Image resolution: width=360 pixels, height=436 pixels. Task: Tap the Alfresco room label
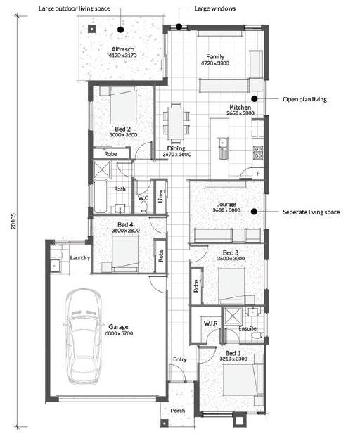(122, 49)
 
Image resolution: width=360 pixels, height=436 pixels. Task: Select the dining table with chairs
(176, 122)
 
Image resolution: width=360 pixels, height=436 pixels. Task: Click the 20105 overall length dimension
(14, 222)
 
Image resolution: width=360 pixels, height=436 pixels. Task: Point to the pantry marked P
(258, 174)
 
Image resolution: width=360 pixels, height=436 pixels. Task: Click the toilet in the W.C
(143, 207)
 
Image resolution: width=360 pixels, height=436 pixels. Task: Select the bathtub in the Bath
(100, 196)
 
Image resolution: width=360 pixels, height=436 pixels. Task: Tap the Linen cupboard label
(160, 196)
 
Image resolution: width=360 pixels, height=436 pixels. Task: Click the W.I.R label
(210, 323)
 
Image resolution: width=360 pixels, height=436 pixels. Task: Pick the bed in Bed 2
(123, 104)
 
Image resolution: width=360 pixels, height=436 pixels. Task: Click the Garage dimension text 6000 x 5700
(119, 333)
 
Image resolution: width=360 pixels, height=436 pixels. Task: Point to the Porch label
(178, 411)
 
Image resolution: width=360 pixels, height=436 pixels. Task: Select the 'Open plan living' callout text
(304, 99)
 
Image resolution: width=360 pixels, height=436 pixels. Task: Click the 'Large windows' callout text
(215, 8)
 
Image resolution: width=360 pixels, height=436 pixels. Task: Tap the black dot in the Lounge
(254, 212)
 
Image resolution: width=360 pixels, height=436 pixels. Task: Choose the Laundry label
(80, 258)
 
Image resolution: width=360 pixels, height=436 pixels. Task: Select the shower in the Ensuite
(233, 316)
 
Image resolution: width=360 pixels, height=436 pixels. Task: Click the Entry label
(179, 359)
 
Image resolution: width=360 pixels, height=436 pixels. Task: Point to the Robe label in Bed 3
(196, 286)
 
